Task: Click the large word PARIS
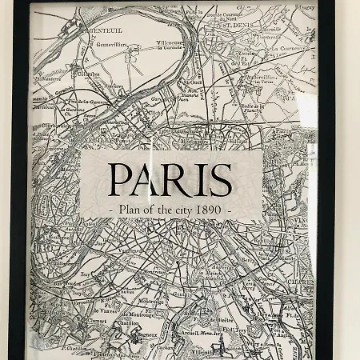tap(170, 179)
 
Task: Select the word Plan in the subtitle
tap(130, 210)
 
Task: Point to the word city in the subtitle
tap(181, 210)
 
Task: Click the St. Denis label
tap(238, 24)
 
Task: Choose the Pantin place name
tap(285, 130)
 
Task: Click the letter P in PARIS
tap(118, 179)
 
